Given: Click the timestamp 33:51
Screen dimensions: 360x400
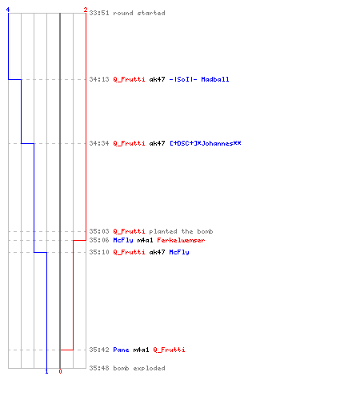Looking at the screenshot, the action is click(99, 13).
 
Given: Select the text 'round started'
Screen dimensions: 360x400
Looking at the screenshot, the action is click(139, 13).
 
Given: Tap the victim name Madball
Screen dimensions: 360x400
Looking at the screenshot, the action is click(215, 79).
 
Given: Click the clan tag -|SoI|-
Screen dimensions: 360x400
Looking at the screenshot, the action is click(183, 79).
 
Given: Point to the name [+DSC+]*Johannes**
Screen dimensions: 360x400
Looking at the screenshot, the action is click(206, 143).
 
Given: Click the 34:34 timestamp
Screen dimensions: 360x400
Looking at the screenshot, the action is click(99, 143).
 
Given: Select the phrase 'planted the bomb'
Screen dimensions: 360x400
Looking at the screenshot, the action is click(181, 231).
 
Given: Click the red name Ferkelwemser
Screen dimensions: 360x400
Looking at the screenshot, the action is click(181, 240).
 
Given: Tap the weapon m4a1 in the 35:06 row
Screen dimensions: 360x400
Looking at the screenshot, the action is click(145, 240).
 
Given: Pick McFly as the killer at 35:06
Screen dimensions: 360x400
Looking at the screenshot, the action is click(123, 240).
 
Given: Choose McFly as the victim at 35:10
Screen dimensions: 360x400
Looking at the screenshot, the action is click(179, 252).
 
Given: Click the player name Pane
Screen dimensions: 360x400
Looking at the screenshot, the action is click(121, 350).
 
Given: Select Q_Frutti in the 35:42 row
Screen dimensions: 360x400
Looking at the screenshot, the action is click(169, 350).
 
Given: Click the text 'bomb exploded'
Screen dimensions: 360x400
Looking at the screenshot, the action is click(139, 368).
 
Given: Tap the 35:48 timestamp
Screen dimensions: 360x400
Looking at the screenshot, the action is click(99, 368).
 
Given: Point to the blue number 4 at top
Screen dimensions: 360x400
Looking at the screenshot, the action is click(8, 10).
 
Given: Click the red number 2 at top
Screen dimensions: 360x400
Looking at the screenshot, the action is click(86, 10).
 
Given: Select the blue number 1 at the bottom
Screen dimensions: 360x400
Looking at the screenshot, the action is click(46, 371).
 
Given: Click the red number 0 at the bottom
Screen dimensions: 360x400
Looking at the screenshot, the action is click(60, 371).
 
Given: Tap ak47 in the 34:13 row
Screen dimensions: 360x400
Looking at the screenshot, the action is click(157, 79).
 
